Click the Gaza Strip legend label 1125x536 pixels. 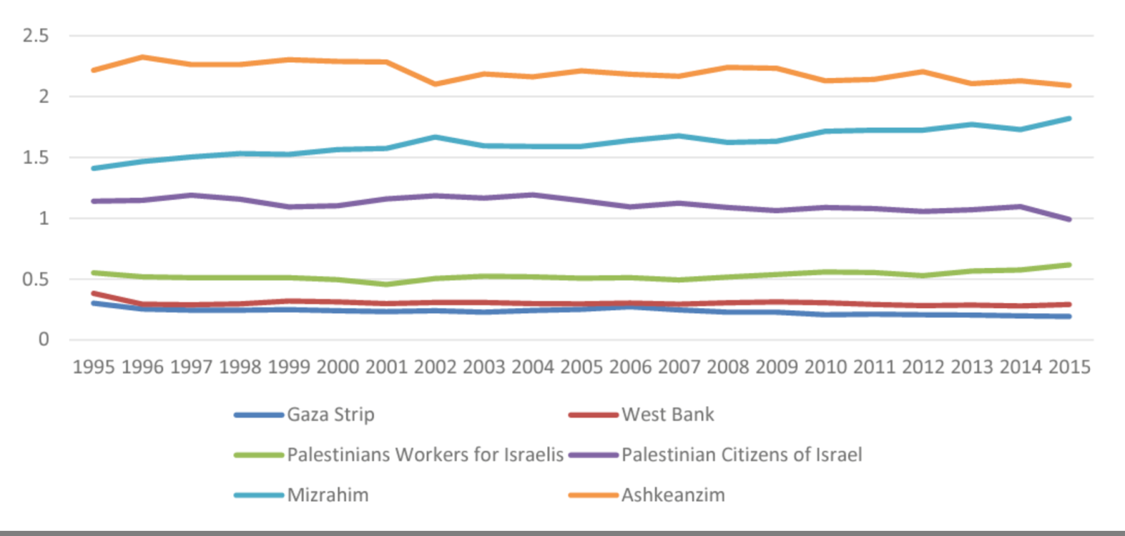pyautogui.click(x=330, y=414)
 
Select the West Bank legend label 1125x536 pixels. pyautogui.click(x=667, y=414)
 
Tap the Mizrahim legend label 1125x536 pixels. pyautogui.click(x=328, y=494)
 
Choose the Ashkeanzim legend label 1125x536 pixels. pyautogui.click(x=673, y=494)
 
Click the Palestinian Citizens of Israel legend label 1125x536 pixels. pyautogui.click(x=741, y=454)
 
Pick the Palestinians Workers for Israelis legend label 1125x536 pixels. pyautogui.click(x=425, y=454)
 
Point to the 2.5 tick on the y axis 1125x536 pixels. pyautogui.click(x=36, y=35)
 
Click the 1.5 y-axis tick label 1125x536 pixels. pyautogui.click(x=36, y=158)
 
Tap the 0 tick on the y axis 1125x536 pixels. pyautogui.click(x=44, y=340)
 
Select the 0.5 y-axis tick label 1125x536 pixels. pyautogui.click(x=36, y=279)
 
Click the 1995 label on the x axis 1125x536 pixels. pyautogui.click(x=94, y=366)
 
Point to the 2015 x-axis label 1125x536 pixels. pyautogui.click(x=1069, y=366)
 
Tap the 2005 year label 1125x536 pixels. pyautogui.click(x=581, y=366)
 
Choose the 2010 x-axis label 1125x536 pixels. pyautogui.click(x=825, y=366)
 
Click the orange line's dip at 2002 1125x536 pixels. pyautogui.click(x=435, y=84)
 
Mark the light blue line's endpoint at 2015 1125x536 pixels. pyautogui.click(x=1069, y=119)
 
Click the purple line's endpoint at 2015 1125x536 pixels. pyautogui.click(x=1069, y=219)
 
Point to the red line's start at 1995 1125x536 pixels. pyautogui.click(x=94, y=293)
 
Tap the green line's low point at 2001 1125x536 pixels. pyautogui.click(x=386, y=284)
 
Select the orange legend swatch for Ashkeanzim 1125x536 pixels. pyautogui.click(x=593, y=494)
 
